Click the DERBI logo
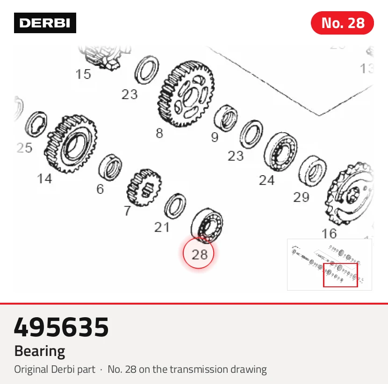tap(45, 23)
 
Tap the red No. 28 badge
tap(342, 23)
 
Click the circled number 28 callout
tap(199, 253)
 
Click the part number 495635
tap(61, 327)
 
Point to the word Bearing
tap(40, 351)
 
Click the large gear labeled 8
tap(186, 94)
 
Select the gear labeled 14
tap(71, 143)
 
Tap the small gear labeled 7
tap(144, 187)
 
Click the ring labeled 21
tap(175, 206)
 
